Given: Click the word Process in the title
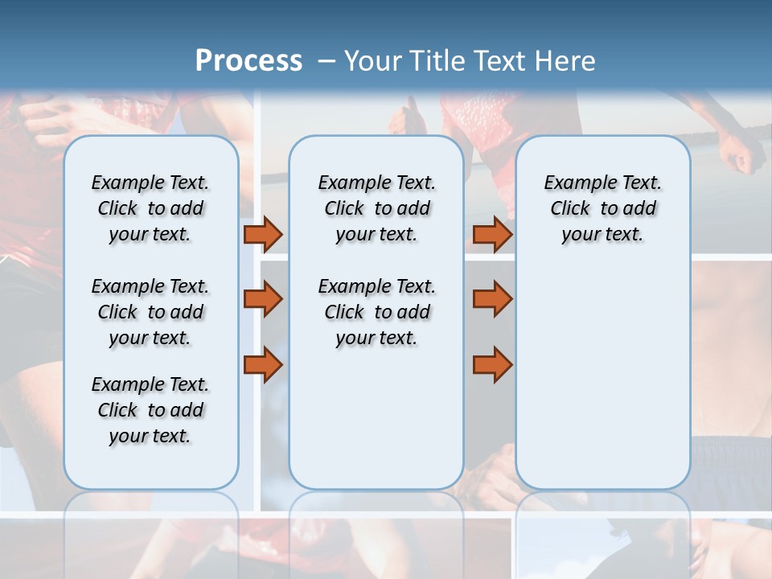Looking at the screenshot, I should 248,60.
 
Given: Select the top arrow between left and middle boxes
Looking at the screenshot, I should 263,234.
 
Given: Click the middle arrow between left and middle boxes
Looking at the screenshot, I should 263,299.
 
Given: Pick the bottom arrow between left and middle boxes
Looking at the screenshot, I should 263,364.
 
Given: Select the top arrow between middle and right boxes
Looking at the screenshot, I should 492,234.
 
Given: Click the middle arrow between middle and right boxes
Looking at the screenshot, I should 492,299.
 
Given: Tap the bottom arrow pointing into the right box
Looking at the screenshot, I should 492,364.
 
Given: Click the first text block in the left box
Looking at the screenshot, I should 150,208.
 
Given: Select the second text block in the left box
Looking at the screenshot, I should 150,312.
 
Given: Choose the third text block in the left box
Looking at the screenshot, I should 150,410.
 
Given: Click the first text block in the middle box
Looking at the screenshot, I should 376,208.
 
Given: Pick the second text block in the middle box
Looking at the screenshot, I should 376,312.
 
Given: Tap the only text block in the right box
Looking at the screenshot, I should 602,208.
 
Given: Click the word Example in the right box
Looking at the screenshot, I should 576,183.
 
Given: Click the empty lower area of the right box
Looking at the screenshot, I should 602,378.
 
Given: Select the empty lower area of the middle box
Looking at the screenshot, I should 376,418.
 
